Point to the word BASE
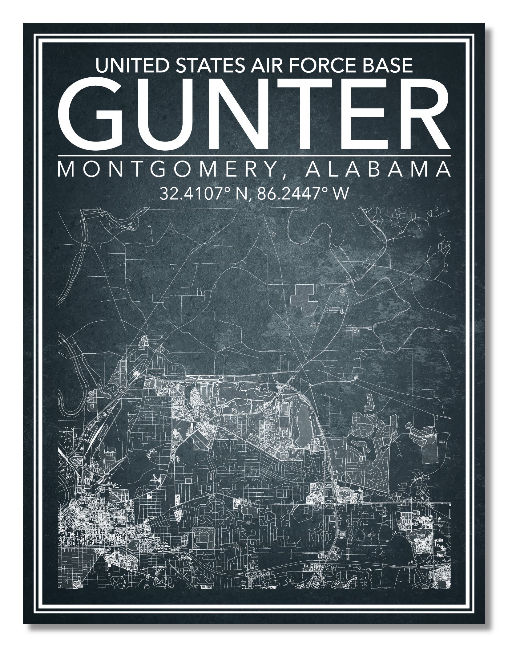(x=386, y=66)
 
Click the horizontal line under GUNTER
(x=254, y=155)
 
